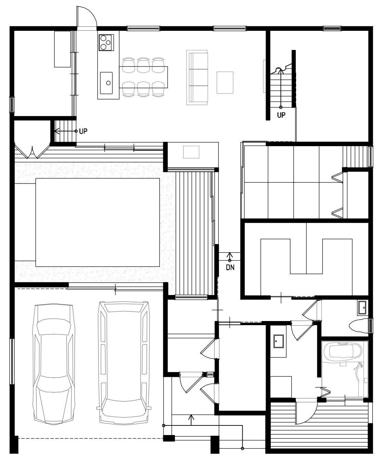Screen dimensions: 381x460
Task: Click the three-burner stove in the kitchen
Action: click(106, 42)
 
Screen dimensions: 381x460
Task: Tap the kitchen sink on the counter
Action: click(106, 83)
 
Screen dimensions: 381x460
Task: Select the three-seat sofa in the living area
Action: click(197, 77)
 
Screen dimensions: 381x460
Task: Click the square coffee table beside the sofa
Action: click(225, 82)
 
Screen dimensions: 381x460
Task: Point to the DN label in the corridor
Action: click(230, 267)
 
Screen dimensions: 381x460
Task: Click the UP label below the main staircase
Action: click(281, 115)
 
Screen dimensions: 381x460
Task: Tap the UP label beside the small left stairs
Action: click(83, 131)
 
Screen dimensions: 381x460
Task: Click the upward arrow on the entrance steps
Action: click(191, 420)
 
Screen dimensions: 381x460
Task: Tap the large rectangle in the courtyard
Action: click(98, 222)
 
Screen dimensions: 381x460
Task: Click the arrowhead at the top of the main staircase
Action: click(280, 71)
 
